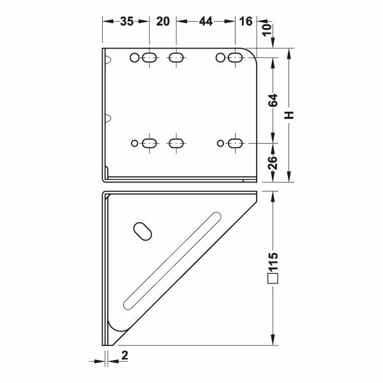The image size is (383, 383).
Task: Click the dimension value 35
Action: pyautogui.click(x=127, y=22)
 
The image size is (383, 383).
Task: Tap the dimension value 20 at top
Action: pyautogui.click(x=163, y=22)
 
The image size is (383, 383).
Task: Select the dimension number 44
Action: pyautogui.click(x=206, y=22)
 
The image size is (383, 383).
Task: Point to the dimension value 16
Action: pyautogui.click(x=246, y=22)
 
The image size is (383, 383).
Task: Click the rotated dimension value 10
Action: pyautogui.click(x=267, y=29)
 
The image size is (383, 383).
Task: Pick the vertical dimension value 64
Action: pyautogui.click(x=273, y=100)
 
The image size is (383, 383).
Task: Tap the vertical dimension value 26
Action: pyautogui.click(x=273, y=163)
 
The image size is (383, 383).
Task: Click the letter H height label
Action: pyautogui.click(x=289, y=115)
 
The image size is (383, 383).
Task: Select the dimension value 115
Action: pyautogui.click(x=273, y=262)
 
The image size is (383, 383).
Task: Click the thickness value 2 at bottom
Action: pyautogui.click(x=124, y=356)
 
